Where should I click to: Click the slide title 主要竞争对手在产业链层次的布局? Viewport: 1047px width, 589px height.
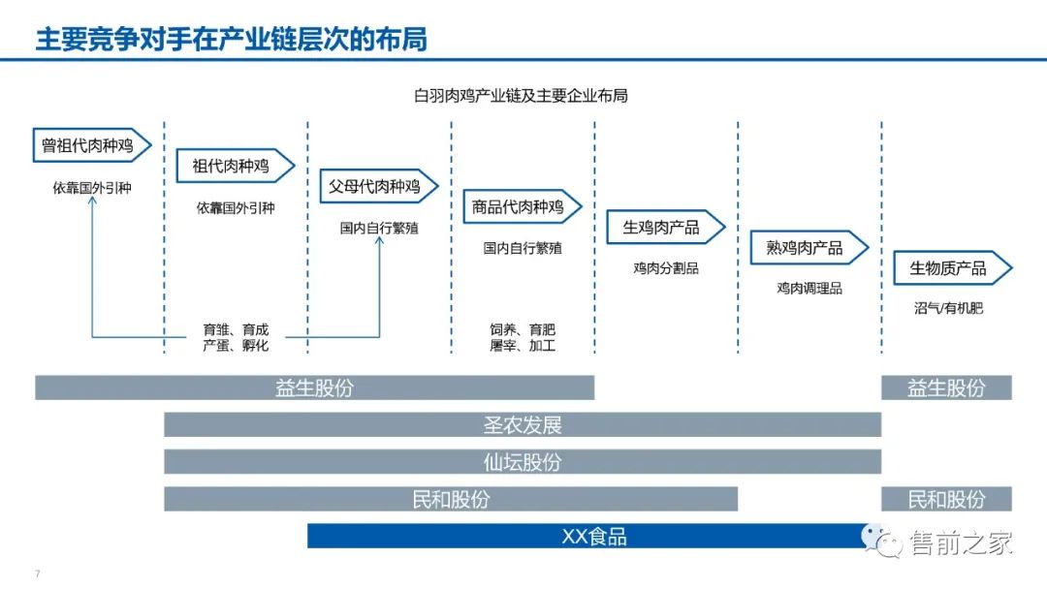231,40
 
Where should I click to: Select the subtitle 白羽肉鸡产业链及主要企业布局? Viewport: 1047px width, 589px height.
521,96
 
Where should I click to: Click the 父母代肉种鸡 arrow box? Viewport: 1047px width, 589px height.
379,187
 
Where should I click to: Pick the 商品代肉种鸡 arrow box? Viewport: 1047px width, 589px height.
522,207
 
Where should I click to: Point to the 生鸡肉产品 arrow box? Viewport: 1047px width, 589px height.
665,228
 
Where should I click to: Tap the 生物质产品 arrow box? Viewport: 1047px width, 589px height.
951,268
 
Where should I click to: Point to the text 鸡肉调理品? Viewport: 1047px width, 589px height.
809,289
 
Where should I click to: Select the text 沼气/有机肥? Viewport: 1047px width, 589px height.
947,309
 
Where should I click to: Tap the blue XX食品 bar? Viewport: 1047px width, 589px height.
593,536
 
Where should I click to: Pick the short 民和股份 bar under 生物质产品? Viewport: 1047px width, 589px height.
946,499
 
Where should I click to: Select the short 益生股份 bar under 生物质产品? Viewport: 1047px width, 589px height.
946,387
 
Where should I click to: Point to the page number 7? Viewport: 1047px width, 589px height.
37,573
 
